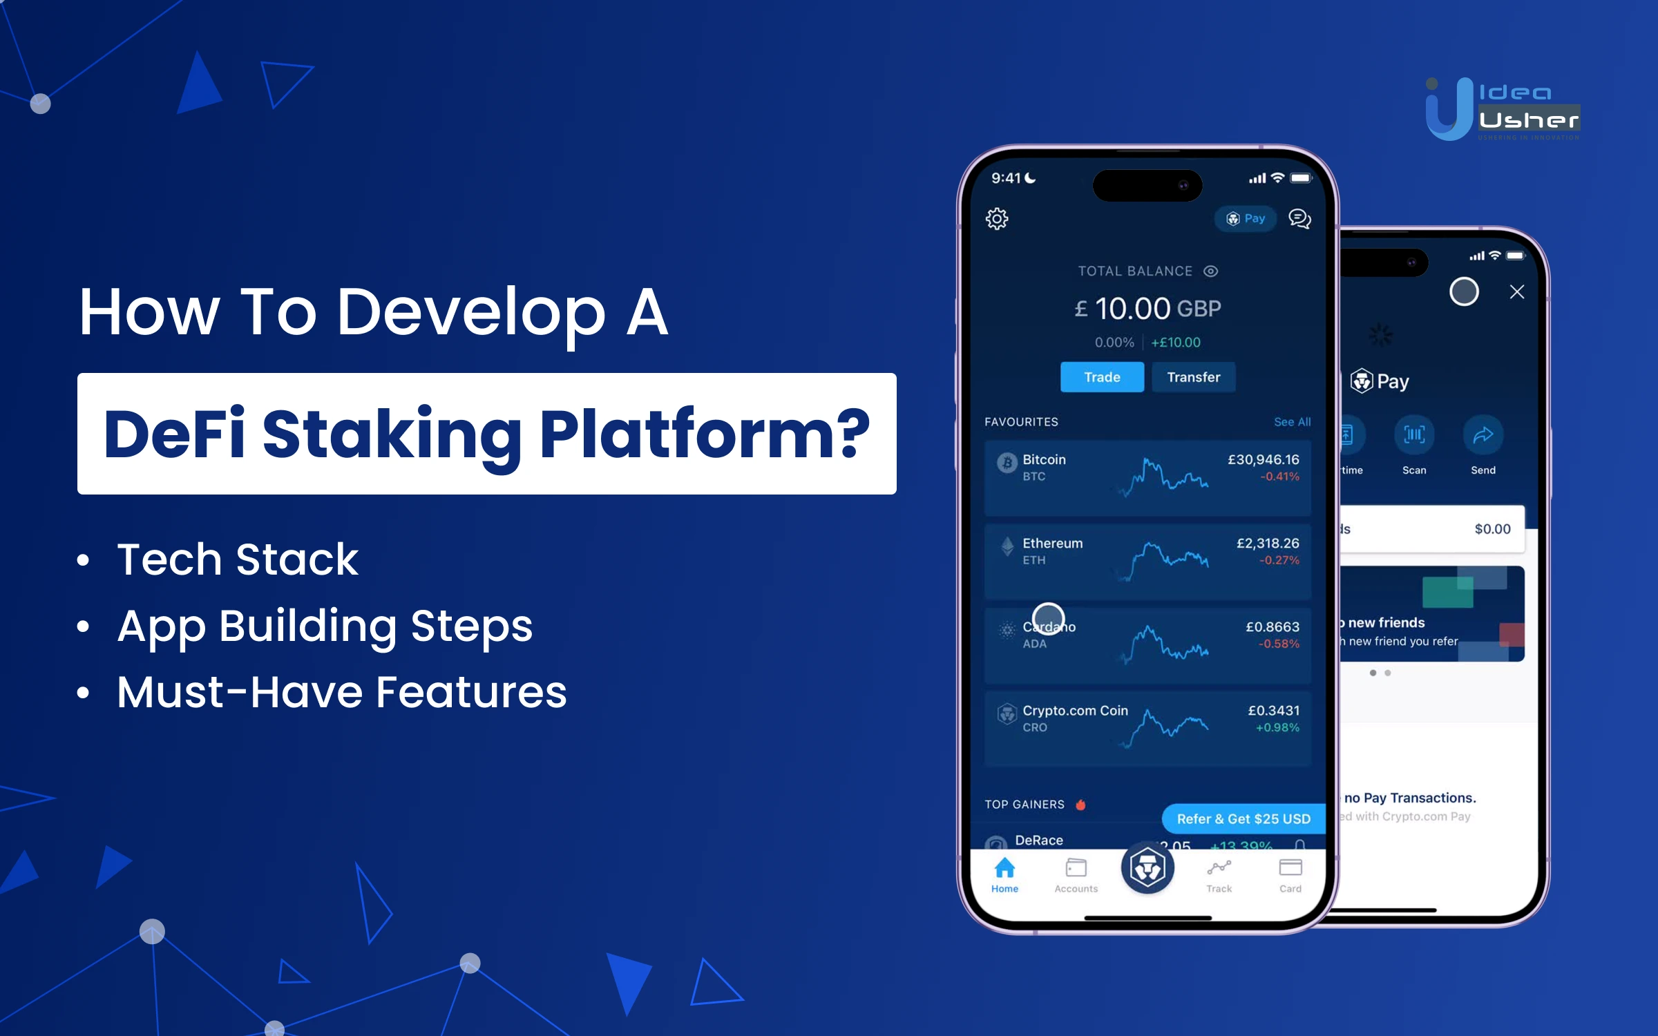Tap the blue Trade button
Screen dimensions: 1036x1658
point(1102,377)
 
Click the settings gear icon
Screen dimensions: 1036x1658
point(997,219)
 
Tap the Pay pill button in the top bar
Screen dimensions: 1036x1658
point(1246,219)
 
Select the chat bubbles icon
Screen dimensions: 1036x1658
point(1299,219)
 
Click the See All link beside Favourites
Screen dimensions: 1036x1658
point(1292,422)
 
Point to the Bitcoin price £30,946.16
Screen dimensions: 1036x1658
point(1263,460)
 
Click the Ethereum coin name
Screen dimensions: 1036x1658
point(1052,544)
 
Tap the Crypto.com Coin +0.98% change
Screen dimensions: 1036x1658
point(1277,728)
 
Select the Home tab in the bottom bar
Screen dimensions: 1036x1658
point(1004,874)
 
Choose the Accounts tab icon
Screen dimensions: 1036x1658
point(1076,868)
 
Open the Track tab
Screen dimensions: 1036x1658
point(1219,874)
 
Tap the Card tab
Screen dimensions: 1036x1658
point(1290,874)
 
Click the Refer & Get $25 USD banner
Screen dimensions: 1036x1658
point(1243,819)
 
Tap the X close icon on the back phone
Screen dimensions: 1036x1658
point(1517,292)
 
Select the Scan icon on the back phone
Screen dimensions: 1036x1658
point(1414,435)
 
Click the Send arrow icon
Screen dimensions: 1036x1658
point(1483,435)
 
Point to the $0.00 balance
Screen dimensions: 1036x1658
point(1492,529)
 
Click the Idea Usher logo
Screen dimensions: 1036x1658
point(1503,109)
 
